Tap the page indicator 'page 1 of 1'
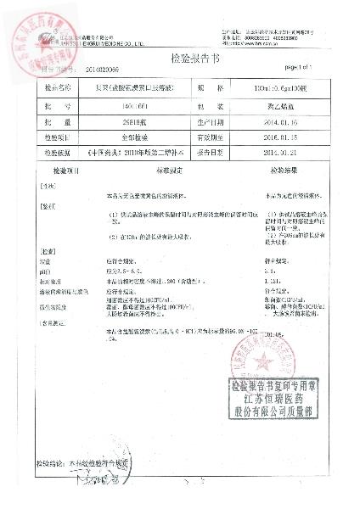tap(301, 66)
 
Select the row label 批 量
tap(58, 122)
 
